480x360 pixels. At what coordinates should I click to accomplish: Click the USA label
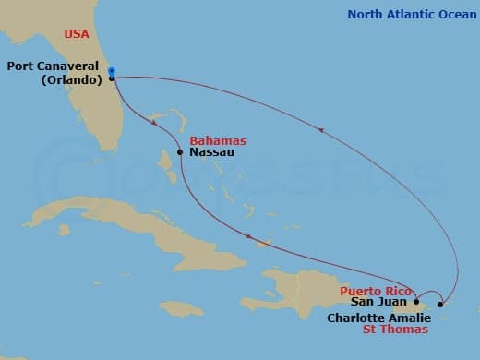coord(78,34)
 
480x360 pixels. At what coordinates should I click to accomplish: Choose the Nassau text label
coord(211,152)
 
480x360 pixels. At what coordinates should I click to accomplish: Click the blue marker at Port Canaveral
coord(111,71)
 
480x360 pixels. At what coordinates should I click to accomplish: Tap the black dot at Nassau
coord(180,152)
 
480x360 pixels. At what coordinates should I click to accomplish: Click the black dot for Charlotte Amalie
coord(440,304)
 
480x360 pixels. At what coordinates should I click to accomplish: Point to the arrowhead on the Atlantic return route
coord(320,130)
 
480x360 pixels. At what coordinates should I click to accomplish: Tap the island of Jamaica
coord(181,307)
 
